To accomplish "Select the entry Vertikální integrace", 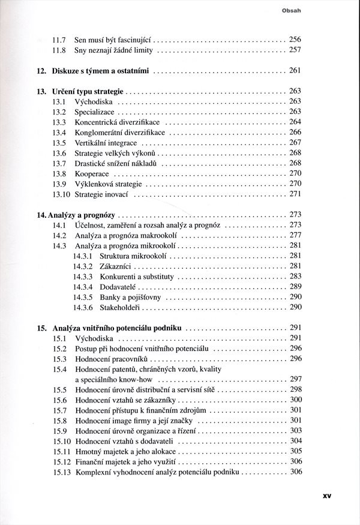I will coord(106,143).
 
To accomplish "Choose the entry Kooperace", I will coord(92,173).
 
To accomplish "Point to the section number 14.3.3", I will coord(83,277).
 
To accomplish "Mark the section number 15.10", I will coord(62,441).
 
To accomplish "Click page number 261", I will coord(295,71).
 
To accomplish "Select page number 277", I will coord(295,235).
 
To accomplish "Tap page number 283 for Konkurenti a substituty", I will coord(295,277).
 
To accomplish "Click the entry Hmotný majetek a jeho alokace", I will coord(125,451).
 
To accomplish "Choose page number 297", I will coord(295,379).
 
